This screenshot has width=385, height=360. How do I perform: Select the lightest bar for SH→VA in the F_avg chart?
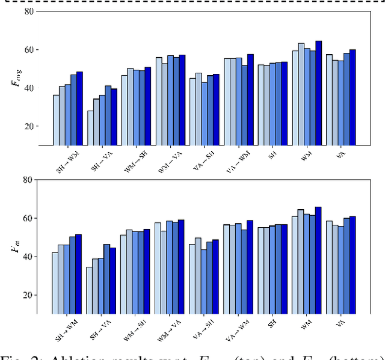90,127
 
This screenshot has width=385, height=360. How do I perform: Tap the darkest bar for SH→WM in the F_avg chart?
79,108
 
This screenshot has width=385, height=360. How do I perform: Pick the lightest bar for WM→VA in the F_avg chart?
159,101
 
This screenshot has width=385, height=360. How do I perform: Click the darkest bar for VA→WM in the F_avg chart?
250,100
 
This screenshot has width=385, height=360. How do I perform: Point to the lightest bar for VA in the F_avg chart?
329,100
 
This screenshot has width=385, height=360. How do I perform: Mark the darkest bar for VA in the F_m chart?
353,265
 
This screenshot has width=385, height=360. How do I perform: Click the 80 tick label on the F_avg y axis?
27,10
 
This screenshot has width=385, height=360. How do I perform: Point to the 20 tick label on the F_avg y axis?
27,126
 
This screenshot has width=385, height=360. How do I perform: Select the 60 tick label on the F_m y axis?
27,218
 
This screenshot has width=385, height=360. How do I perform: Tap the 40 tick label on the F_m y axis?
27,257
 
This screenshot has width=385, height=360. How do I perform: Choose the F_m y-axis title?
15,246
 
